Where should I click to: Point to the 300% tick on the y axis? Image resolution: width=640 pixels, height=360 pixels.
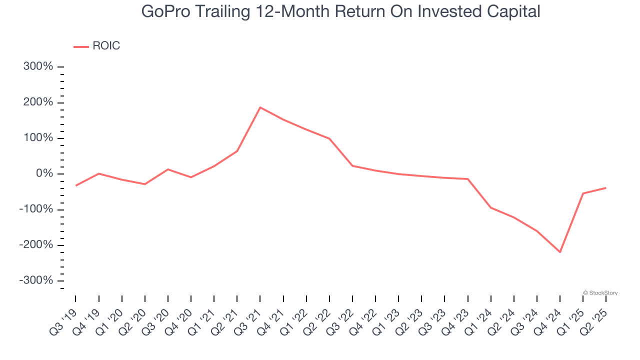coord(38,66)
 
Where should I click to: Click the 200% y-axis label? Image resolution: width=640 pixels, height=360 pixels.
coord(38,102)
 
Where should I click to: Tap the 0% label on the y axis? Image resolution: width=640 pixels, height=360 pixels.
coord(44,174)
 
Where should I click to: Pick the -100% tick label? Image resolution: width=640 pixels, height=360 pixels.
coord(36,209)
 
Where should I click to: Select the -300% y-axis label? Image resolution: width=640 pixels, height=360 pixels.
coord(36,280)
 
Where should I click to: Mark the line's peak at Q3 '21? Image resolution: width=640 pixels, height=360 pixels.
coord(260,107)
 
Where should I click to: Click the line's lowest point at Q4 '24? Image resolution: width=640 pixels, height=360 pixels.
coord(560,252)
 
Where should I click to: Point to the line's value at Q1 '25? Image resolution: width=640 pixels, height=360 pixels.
coord(583,193)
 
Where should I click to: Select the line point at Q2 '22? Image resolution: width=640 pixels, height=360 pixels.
coord(329,138)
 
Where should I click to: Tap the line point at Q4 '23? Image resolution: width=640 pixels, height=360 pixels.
coord(468,179)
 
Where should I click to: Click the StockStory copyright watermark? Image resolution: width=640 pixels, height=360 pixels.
coord(600,293)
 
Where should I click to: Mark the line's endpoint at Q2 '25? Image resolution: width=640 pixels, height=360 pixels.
coord(606,188)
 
